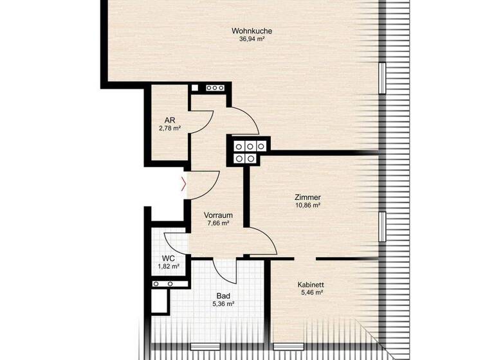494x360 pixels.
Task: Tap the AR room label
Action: [170, 120]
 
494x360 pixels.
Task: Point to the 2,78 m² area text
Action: [170, 129]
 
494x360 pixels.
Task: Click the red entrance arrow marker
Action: [185, 184]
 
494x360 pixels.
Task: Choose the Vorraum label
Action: [218, 215]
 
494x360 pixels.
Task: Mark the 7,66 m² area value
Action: [218, 224]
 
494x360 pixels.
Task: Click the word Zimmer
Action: [307, 197]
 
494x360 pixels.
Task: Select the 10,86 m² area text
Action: [307, 206]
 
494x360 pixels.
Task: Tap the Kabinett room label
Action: [310, 284]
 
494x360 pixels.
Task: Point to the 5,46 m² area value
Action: [310, 292]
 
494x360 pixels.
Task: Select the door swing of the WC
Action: [175, 242]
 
